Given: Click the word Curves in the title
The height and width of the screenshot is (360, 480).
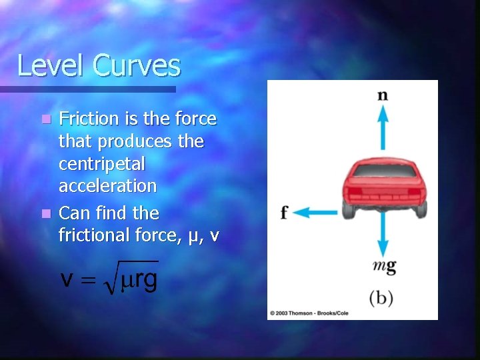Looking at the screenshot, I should pyautogui.click(x=137, y=66).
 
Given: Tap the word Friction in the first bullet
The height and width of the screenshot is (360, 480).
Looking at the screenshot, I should pyautogui.click(x=87, y=119).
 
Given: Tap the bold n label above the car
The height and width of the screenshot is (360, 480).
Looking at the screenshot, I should pyautogui.click(x=383, y=95).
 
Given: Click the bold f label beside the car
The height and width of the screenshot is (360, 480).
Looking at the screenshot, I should pyautogui.click(x=284, y=213).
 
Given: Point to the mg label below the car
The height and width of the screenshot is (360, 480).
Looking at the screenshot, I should pyautogui.click(x=385, y=267).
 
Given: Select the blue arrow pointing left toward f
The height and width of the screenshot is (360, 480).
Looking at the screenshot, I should pyautogui.click(x=315, y=213).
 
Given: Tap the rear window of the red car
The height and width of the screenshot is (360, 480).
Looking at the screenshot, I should pyautogui.click(x=383, y=171).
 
